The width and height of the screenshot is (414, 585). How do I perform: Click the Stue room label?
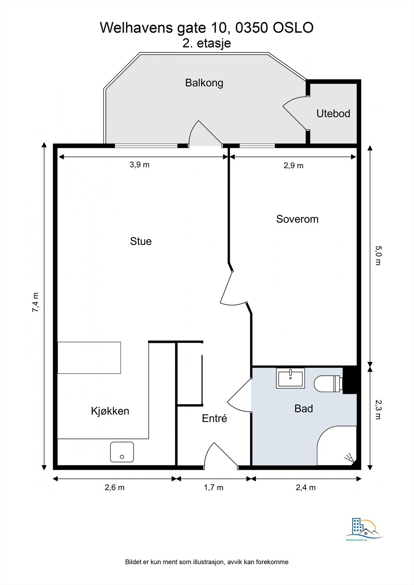[x=141, y=241]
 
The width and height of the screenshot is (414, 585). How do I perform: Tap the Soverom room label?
[x=297, y=219]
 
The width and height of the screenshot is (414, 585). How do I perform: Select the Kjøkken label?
[x=110, y=411]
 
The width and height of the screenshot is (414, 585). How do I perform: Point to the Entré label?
[x=215, y=418]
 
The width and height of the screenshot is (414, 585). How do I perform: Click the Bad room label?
[x=303, y=408]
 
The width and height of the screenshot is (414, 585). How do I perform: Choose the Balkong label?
[x=204, y=83]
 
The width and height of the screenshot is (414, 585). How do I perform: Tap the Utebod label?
[x=333, y=113]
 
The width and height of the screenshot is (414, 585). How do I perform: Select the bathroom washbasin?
[x=290, y=378]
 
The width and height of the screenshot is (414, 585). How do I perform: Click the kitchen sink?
[x=122, y=452]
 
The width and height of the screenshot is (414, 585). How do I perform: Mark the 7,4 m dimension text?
[x=36, y=302]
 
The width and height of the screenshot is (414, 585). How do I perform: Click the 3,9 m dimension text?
[x=139, y=165]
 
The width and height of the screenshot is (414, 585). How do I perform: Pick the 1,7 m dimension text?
[x=213, y=487]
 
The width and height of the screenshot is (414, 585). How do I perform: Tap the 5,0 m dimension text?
[x=378, y=255]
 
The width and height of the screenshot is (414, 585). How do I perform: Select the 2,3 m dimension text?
[x=378, y=409]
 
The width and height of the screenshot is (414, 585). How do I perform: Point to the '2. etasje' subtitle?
[x=206, y=43]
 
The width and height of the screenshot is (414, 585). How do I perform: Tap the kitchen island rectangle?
[x=89, y=358]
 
